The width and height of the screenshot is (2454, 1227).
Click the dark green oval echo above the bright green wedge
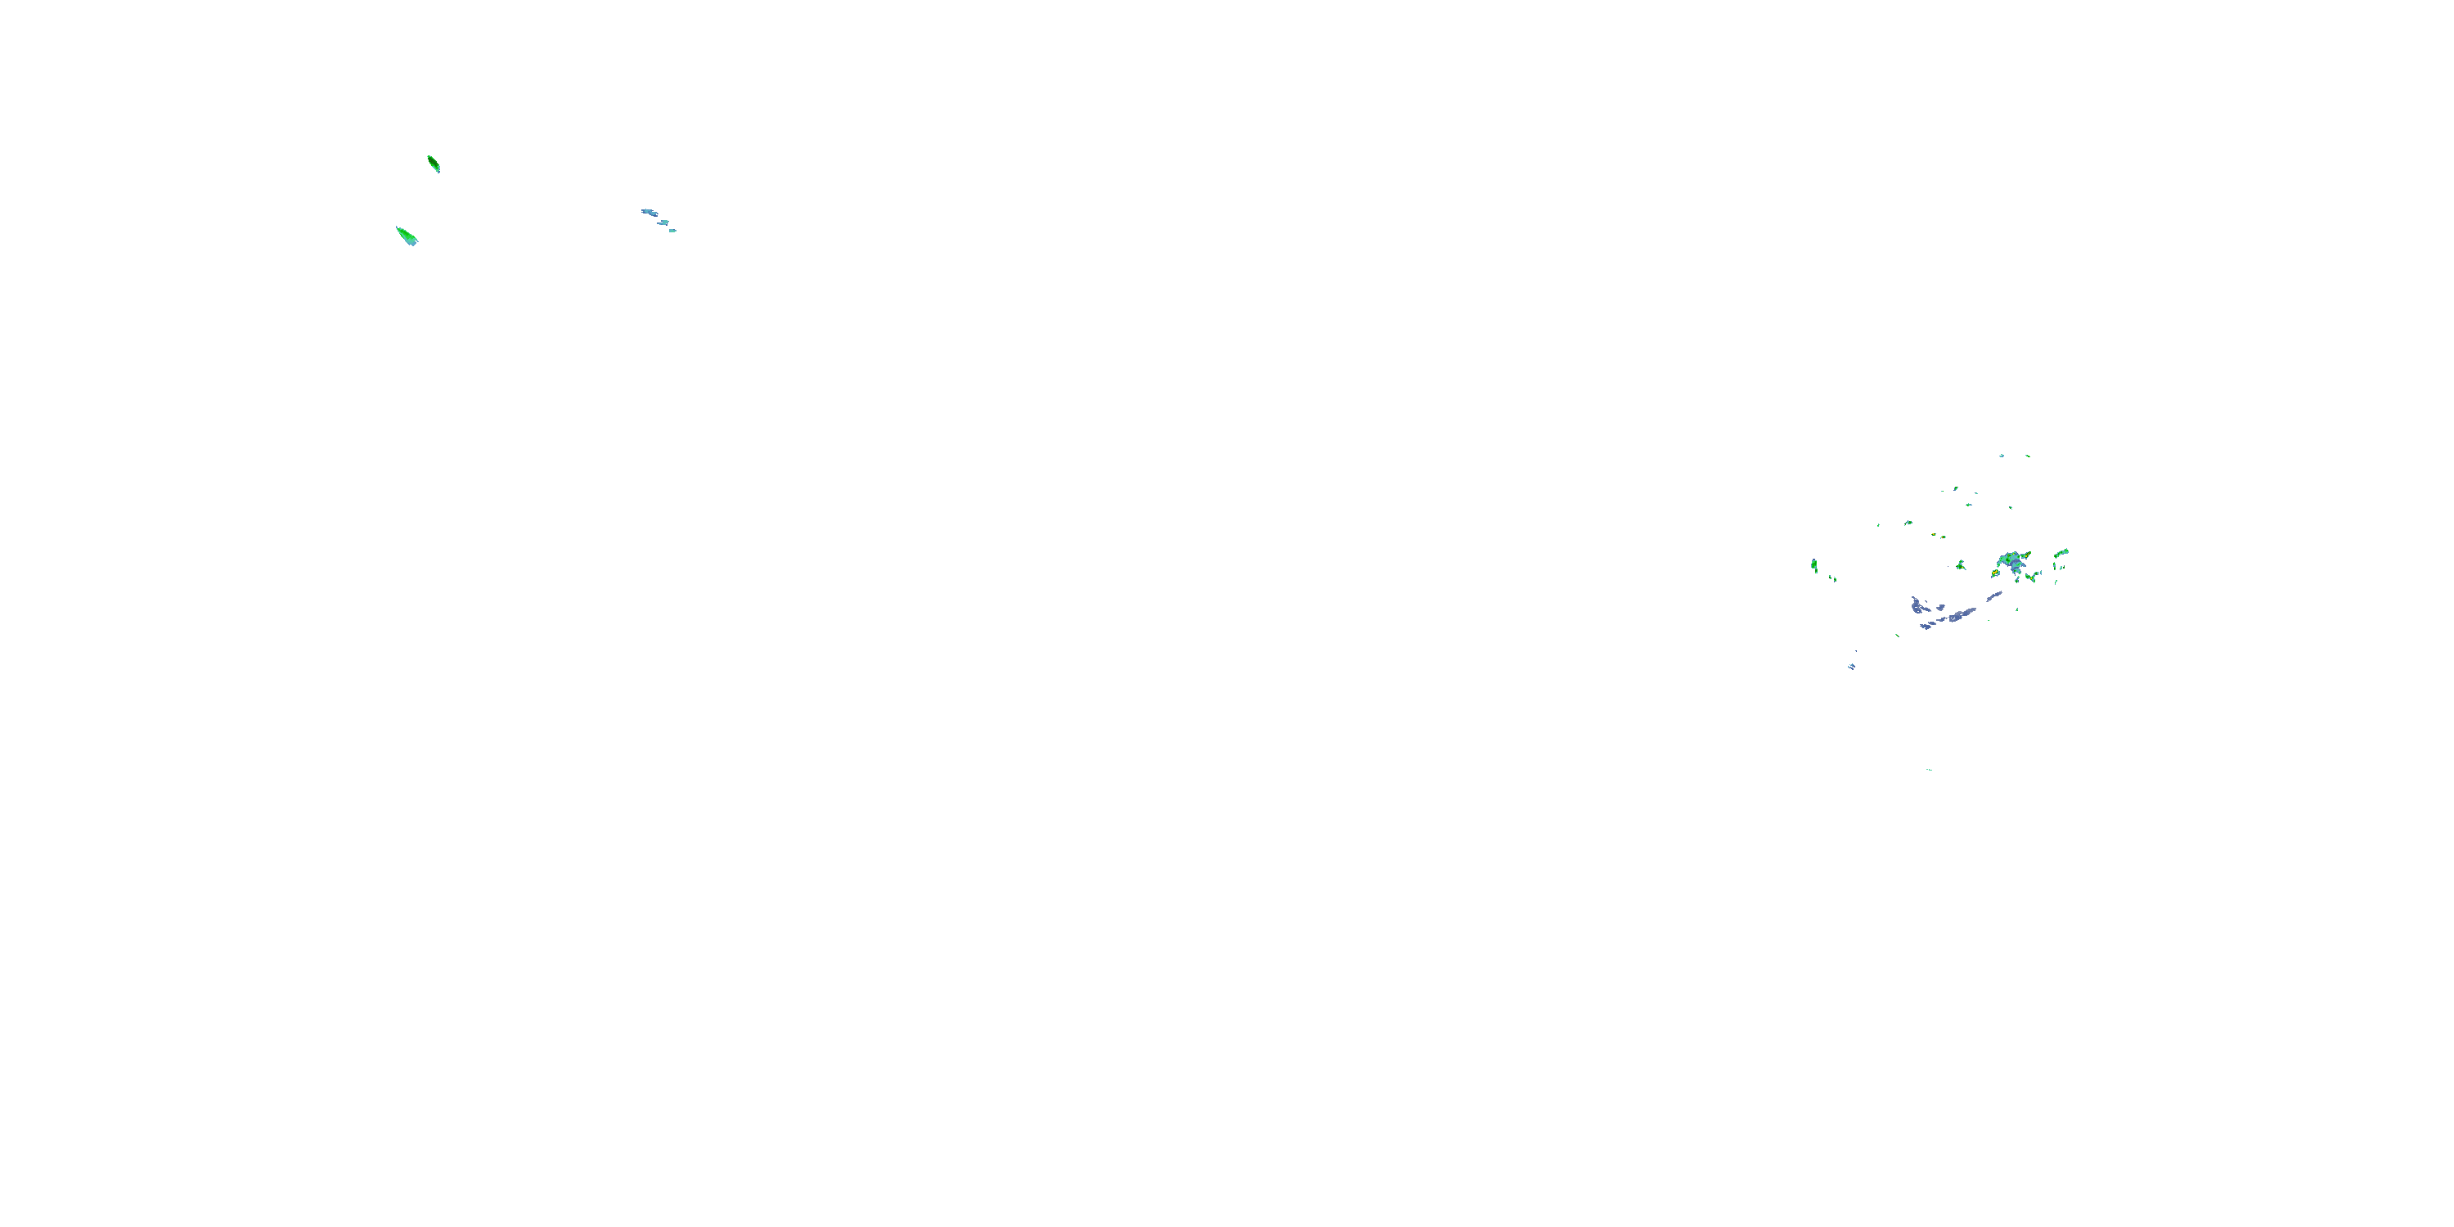point(434,164)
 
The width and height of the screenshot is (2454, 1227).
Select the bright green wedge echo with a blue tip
point(406,236)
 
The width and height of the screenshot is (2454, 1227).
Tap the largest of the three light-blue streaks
point(649,212)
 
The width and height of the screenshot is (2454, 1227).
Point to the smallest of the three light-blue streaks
point(672,231)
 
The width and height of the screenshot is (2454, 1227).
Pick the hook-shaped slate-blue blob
point(1917,605)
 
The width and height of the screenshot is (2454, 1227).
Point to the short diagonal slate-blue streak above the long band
point(1994,596)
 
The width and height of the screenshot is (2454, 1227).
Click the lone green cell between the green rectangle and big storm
point(1961,566)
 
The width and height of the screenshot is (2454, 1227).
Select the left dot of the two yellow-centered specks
point(1934,534)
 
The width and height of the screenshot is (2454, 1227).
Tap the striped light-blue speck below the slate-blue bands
point(1851,667)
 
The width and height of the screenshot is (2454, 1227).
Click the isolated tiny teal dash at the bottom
point(1929,770)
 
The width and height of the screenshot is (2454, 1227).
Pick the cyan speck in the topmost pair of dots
point(2001,456)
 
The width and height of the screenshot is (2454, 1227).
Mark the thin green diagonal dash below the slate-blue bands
point(1897,636)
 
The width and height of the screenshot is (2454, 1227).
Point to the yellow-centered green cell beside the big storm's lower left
point(1995,574)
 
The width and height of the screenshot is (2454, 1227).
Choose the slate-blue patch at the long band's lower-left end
point(1926,626)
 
